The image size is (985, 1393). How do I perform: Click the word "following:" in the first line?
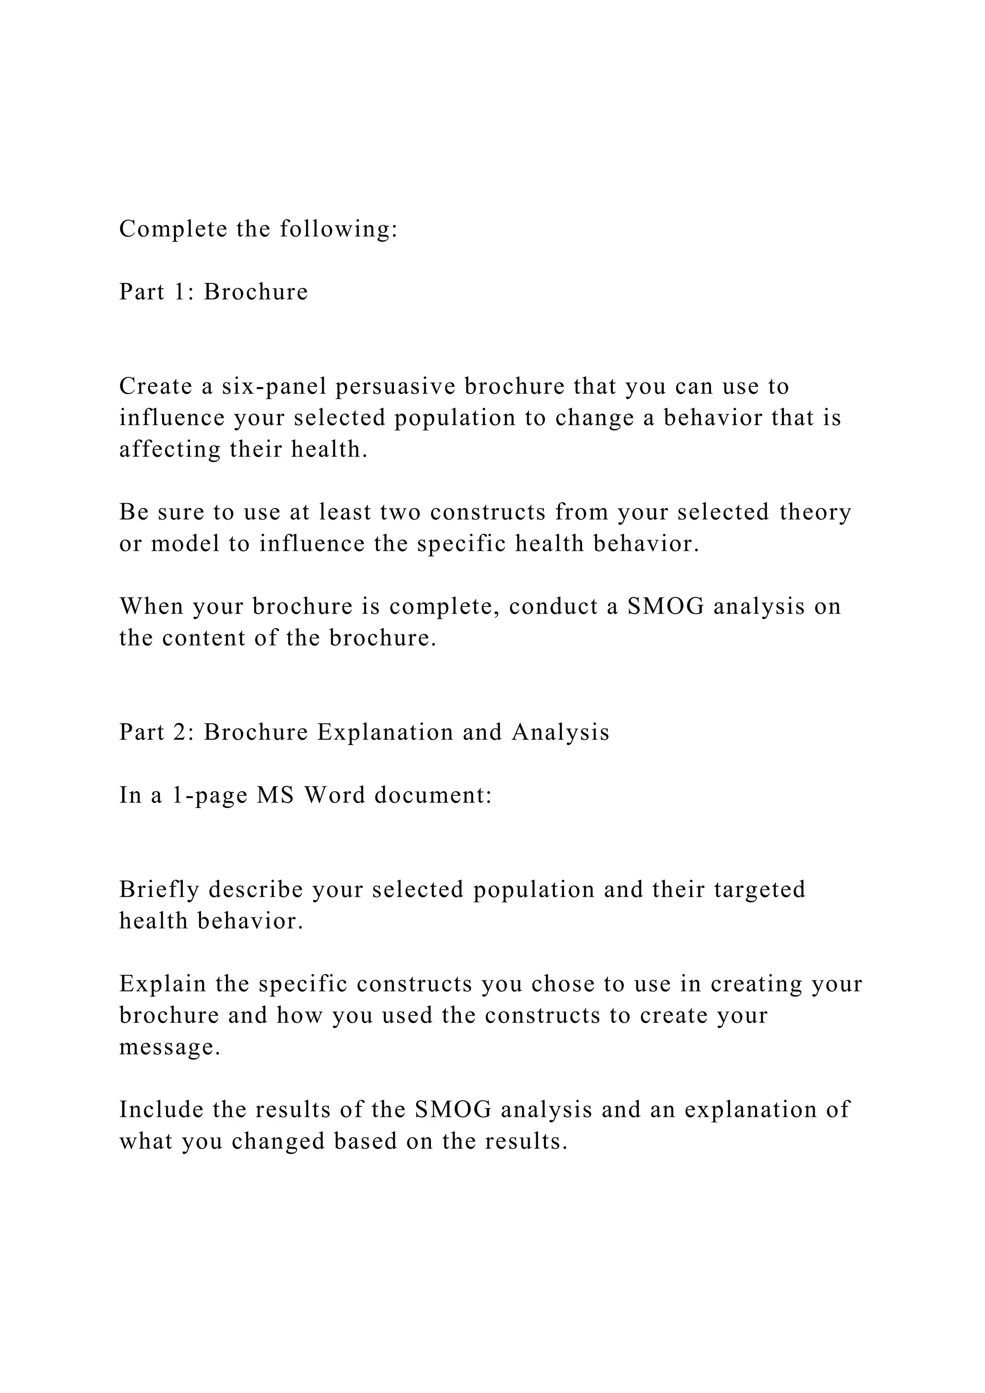(x=339, y=229)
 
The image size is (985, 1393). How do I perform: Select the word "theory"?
(x=815, y=512)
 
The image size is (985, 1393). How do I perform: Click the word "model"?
(x=185, y=544)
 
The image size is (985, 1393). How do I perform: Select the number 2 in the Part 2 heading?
(x=180, y=732)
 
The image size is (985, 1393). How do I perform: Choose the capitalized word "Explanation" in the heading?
(x=385, y=732)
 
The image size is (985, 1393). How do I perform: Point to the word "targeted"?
(x=759, y=889)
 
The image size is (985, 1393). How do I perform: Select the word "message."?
(x=170, y=1047)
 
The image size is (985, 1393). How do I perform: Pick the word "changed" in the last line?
(x=278, y=1141)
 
